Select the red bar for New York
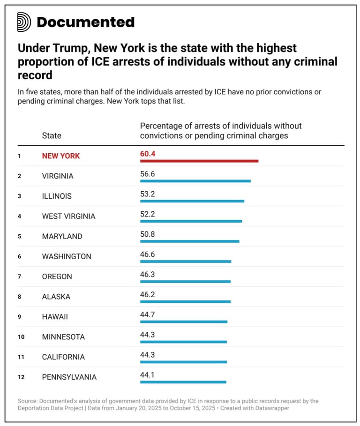pyautogui.click(x=199, y=161)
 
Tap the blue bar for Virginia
pyautogui.click(x=195, y=181)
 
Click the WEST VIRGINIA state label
pyautogui.click(x=68, y=216)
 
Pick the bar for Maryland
pyautogui.click(x=189, y=241)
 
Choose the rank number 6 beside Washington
pyautogui.click(x=19, y=256)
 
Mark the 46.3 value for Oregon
pyautogui.click(x=147, y=274)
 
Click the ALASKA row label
pyautogui.click(x=56, y=297)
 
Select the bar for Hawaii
pyautogui.click(x=183, y=321)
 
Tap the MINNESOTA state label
pyautogui.click(x=63, y=336)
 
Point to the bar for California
pyautogui.click(x=183, y=362)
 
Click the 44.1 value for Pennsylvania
pyautogui.click(x=147, y=375)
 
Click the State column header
pyautogui.click(x=52, y=135)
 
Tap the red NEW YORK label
pyautogui.click(x=61, y=156)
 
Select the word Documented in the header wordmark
pyautogui.click(x=85, y=22)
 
